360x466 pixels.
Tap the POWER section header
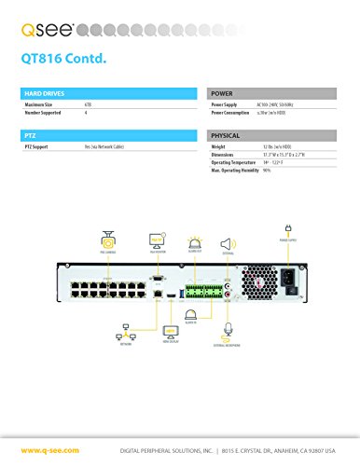(223, 94)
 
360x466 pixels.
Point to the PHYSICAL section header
(228, 137)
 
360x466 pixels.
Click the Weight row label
(218, 147)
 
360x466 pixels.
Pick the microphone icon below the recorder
(225, 331)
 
